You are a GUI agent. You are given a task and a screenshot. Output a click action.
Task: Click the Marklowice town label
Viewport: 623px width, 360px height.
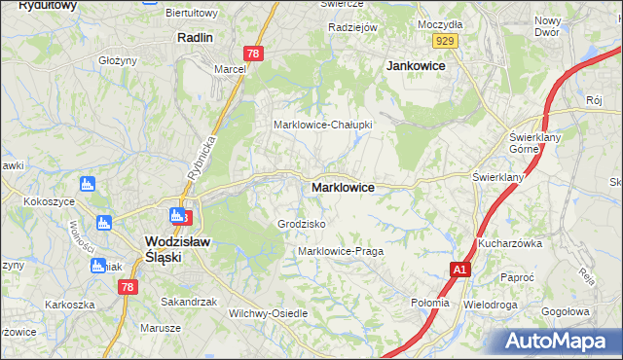coord(343,186)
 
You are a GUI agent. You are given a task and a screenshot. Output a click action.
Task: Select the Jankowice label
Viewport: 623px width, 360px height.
coord(416,65)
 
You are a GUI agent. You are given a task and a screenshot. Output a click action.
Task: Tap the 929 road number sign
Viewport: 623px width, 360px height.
coord(446,40)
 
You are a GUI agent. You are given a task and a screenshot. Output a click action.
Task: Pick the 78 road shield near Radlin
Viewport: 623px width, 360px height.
coord(253,54)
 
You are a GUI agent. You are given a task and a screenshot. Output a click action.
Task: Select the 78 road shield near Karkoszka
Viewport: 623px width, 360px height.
coord(127,286)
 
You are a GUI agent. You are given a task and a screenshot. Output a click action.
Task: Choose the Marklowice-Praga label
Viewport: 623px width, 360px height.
coord(341,251)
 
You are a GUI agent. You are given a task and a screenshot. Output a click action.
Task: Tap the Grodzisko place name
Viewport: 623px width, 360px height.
coord(302,224)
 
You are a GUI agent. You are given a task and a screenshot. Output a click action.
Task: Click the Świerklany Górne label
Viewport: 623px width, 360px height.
coord(532,143)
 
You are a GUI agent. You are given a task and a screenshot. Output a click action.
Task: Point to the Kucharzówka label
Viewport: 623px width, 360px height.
coord(509,242)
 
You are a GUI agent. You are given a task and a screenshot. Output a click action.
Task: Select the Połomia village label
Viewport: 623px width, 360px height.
coord(430,303)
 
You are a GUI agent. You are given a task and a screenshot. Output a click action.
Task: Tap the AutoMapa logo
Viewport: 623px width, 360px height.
coord(563,342)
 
